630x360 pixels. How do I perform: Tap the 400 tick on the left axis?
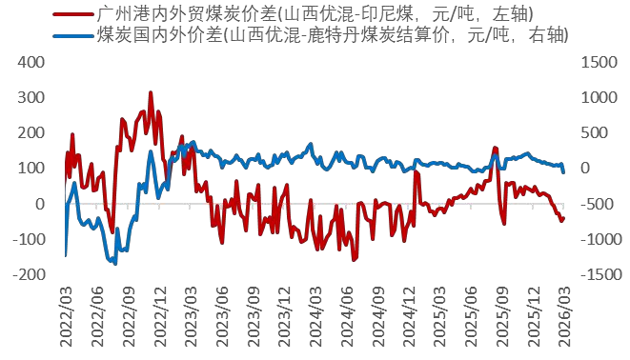[32, 62]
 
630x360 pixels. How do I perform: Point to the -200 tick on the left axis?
[29, 274]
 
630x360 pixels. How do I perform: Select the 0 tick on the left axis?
[40, 204]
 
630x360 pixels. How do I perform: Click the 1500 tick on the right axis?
[596, 62]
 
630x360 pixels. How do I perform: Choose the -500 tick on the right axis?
[591, 204]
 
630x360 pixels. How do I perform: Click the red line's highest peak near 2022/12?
[151, 93]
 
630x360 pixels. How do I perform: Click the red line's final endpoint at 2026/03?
[563, 217]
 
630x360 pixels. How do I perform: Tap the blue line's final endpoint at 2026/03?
[563, 171]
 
